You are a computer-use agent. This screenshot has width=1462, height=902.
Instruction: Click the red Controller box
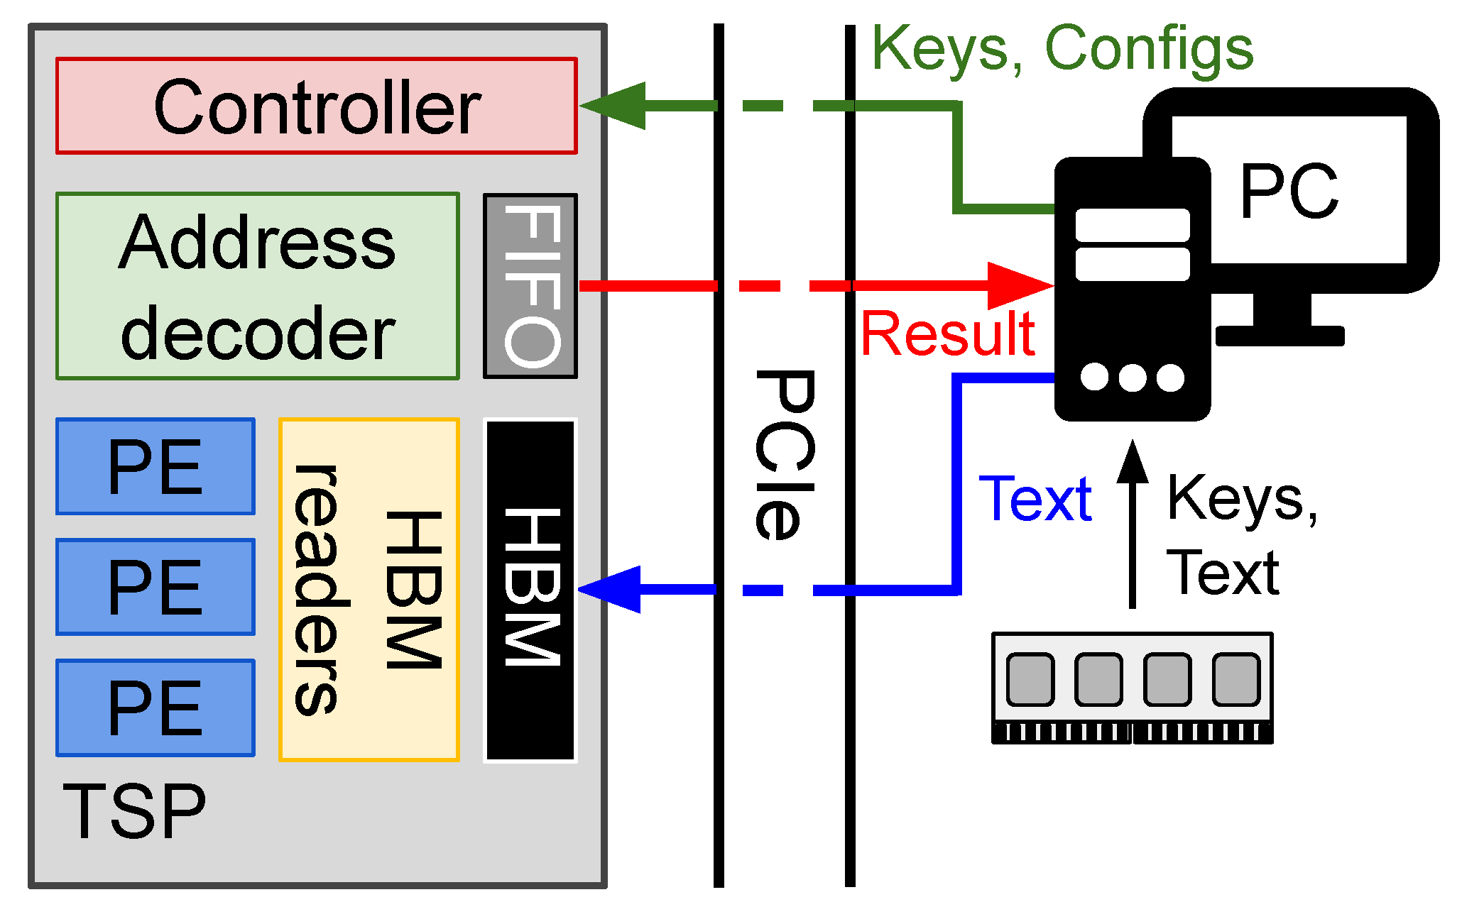(x=317, y=106)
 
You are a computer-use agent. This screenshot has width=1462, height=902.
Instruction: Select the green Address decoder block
(x=257, y=286)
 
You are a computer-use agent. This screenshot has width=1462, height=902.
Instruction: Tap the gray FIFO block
(x=530, y=286)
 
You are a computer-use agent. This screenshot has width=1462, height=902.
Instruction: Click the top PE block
(x=156, y=466)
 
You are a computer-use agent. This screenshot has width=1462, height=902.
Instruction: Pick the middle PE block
(x=156, y=587)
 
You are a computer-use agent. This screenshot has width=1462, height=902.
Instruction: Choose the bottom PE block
(x=156, y=708)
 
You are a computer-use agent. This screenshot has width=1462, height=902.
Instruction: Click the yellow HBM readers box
(x=369, y=590)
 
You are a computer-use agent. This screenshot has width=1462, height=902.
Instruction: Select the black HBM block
(x=530, y=590)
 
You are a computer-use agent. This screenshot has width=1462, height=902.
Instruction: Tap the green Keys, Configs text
(x=1062, y=48)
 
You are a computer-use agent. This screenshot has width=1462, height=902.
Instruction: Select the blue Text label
(x=1035, y=499)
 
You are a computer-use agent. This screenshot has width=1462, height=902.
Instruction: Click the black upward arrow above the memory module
(x=1133, y=525)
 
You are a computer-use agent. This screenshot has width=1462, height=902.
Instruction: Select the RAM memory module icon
(x=1132, y=687)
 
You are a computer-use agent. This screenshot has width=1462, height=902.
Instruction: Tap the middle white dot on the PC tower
(x=1133, y=378)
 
